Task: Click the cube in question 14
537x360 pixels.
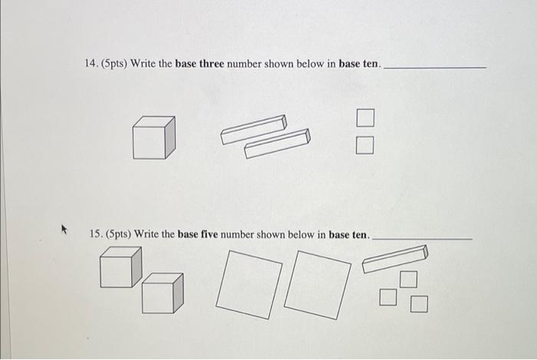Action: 153,137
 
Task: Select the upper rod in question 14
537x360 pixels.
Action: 254,130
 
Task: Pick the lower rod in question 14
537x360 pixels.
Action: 277,144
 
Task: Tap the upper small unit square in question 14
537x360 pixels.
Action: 365,117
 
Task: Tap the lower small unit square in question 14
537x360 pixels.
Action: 364,145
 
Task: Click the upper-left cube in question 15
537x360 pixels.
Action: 121,267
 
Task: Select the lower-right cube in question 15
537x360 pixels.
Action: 163,293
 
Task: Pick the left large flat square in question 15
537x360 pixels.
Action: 249,285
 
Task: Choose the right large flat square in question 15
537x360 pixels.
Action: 318,285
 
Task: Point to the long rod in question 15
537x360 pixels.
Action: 395,259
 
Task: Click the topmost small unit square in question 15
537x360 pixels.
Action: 409,279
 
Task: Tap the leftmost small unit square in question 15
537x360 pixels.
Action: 388,297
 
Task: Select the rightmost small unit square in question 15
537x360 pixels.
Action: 419,304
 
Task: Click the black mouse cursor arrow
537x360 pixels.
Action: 64,229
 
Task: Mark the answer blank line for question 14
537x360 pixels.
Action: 435,68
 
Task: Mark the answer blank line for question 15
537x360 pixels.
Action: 422,239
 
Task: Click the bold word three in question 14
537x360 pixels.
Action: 212,64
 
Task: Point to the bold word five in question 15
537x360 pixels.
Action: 209,234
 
